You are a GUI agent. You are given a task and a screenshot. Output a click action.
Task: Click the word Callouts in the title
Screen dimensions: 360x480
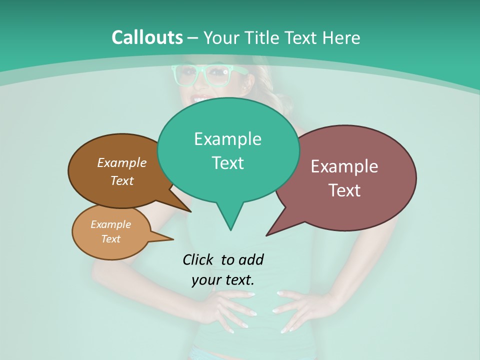(x=147, y=37)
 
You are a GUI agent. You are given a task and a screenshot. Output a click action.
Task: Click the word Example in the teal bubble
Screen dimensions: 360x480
(x=227, y=139)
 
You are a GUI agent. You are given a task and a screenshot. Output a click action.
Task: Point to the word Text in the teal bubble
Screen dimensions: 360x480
(x=227, y=163)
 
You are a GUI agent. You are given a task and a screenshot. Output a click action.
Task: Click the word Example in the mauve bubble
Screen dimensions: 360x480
(x=344, y=166)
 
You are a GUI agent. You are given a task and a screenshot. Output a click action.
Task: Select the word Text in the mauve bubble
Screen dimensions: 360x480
(x=344, y=190)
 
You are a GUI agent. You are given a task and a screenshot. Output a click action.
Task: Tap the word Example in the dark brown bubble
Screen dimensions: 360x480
(x=122, y=162)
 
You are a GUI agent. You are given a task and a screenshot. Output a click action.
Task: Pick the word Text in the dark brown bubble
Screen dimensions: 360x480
(x=122, y=180)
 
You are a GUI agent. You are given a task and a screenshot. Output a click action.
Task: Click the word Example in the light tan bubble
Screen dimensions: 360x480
(x=110, y=224)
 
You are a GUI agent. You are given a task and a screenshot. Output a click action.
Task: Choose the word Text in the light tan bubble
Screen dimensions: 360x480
(x=110, y=239)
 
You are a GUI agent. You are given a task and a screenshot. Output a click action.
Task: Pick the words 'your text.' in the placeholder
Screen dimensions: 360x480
(x=223, y=280)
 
